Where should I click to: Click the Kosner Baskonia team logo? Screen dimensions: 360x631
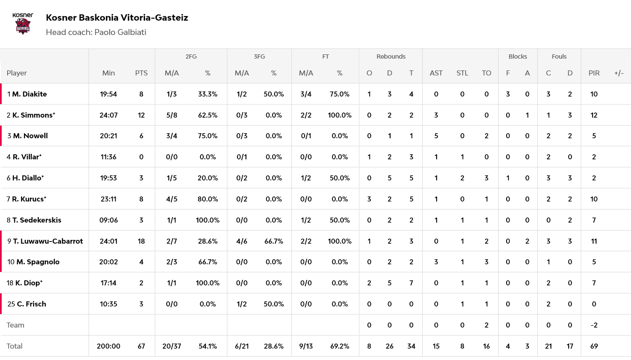click(23, 24)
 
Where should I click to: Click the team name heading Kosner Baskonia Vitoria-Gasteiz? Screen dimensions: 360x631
click(117, 18)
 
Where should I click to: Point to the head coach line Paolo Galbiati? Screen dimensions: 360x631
click(96, 32)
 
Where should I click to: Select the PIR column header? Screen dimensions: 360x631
click(594, 73)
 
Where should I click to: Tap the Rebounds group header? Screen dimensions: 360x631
click(391, 56)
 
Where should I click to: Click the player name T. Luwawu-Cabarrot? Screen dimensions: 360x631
click(48, 241)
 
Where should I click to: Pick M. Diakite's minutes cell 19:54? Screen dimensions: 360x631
click(108, 94)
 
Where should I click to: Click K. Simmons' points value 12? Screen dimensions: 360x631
click(141, 115)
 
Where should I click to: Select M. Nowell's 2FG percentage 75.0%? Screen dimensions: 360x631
click(208, 136)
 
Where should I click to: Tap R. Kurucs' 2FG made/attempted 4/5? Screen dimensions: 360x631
click(172, 199)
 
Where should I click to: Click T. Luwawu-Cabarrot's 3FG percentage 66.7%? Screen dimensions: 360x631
click(273, 241)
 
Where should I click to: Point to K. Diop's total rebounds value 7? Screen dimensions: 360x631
click(411, 283)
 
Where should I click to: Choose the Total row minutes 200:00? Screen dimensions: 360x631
click(108, 346)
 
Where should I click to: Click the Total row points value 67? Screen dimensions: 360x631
click(141, 346)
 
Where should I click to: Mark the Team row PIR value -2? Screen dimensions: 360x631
click(594, 325)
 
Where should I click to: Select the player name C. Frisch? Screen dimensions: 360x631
click(31, 304)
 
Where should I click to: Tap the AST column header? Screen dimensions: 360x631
click(436, 73)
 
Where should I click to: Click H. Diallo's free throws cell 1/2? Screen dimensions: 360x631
click(306, 178)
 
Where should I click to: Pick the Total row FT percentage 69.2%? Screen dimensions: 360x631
click(340, 346)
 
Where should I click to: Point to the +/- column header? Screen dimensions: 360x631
click(619, 73)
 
